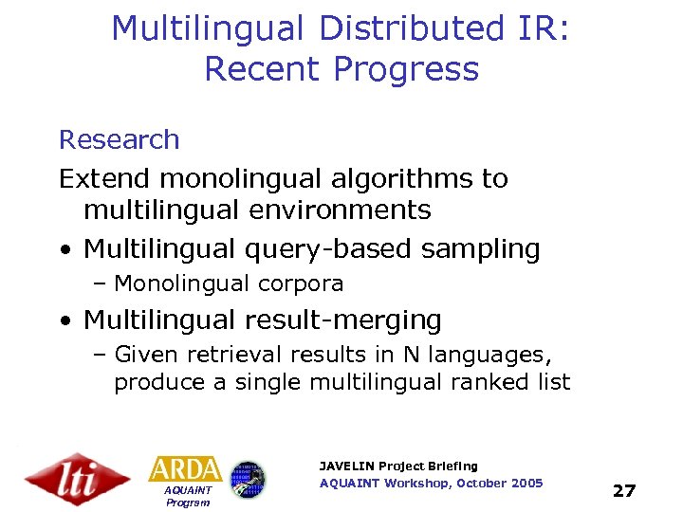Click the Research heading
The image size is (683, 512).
tap(119, 139)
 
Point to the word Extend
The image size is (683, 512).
tap(105, 178)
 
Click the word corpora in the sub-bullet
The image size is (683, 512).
tap(300, 283)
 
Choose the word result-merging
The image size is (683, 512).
tap(343, 320)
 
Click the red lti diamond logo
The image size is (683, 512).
tap(76, 478)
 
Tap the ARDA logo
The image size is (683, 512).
tap(185, 469)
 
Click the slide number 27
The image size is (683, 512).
tap(624, 490)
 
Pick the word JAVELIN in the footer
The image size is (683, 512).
tap(347, 466)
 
